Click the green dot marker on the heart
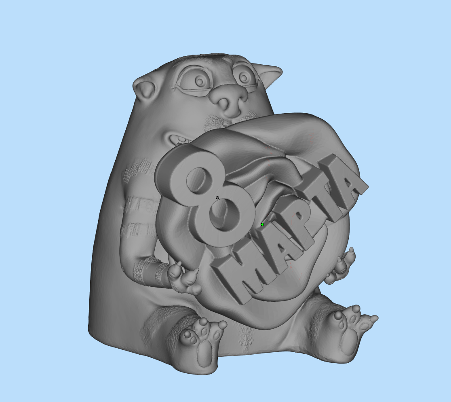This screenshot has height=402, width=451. pyautogui.click(x=262, y=224)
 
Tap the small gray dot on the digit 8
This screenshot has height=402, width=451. pyautogui.click(x=217, y=198)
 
